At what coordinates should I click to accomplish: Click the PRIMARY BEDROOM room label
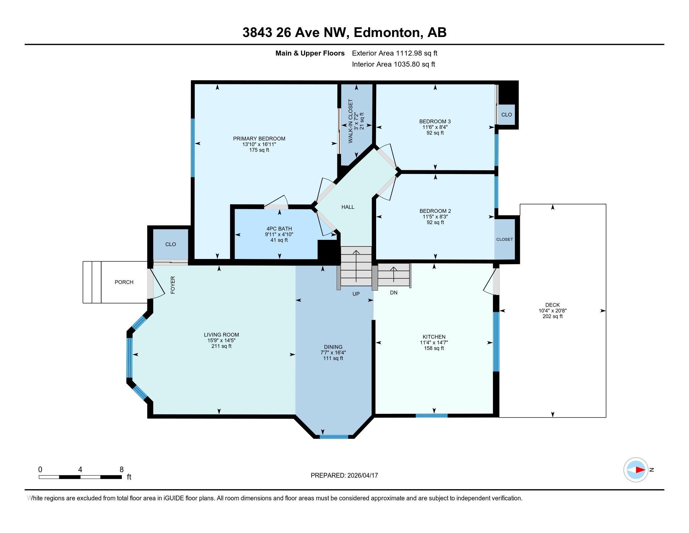[259, 139]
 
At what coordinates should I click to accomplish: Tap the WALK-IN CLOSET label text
[350, 121]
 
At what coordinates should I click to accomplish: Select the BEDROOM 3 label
[435, 122]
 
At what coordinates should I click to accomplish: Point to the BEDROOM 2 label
[435, 211]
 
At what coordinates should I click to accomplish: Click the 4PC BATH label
[279, 229]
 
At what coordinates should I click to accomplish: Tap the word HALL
[348, 207]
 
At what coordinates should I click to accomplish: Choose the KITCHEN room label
[434, 337]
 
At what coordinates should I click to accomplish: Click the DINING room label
[333, 347]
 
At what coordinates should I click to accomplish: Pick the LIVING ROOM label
[221, 335]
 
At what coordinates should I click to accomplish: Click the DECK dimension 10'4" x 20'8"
[552, 311]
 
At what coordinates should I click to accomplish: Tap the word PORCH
[124, 282]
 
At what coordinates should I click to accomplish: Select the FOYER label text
[173, 285]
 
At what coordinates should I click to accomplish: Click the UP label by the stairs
[356, 294]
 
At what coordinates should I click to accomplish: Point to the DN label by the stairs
[393, 293]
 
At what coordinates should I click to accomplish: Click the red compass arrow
[640, 470]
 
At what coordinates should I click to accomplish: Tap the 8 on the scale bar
[122, 470]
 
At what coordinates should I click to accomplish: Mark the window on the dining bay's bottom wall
[334, 437]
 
